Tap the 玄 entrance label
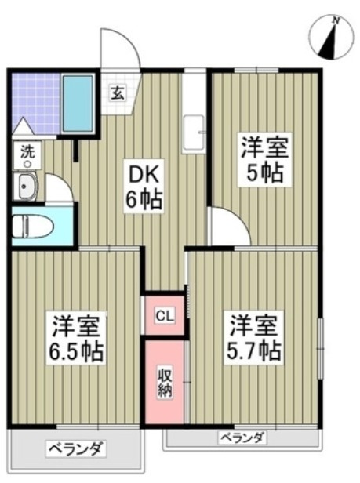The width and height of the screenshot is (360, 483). click(116, 93)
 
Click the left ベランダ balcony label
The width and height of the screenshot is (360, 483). click(75, 449)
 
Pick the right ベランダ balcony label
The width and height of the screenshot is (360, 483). click(241, 437)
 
